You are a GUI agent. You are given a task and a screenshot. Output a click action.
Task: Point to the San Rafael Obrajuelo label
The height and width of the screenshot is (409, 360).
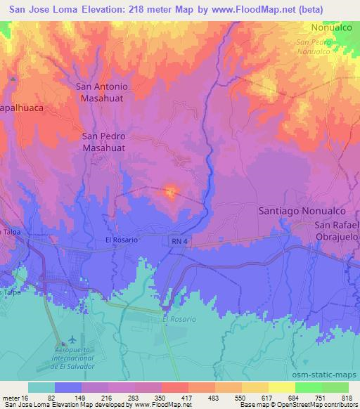336,231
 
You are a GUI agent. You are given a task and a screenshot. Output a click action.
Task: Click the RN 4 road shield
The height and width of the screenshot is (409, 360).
179,240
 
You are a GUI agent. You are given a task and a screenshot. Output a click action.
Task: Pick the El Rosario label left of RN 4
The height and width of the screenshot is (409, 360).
121,240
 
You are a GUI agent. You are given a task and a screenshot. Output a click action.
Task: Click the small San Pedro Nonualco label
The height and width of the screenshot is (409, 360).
314,46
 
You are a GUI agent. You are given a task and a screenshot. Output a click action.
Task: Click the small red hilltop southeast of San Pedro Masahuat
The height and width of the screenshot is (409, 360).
170,190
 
